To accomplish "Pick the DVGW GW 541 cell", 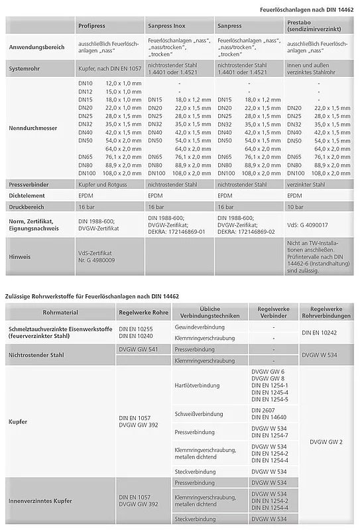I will point(138,349).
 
